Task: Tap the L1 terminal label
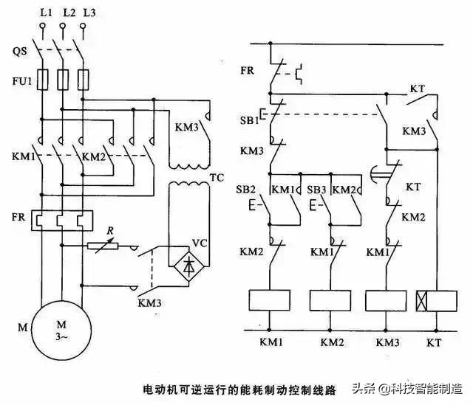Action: click(x=44, y=13)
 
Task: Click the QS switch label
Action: click(x=19, y=51)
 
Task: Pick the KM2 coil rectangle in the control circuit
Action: click(x=329, y=300)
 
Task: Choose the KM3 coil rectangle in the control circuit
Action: click(x=387, y=300)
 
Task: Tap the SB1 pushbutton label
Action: click(x=249, y=120)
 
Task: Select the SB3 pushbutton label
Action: click(x=316, y=189)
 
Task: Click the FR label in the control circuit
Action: click(x=248, y=72)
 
